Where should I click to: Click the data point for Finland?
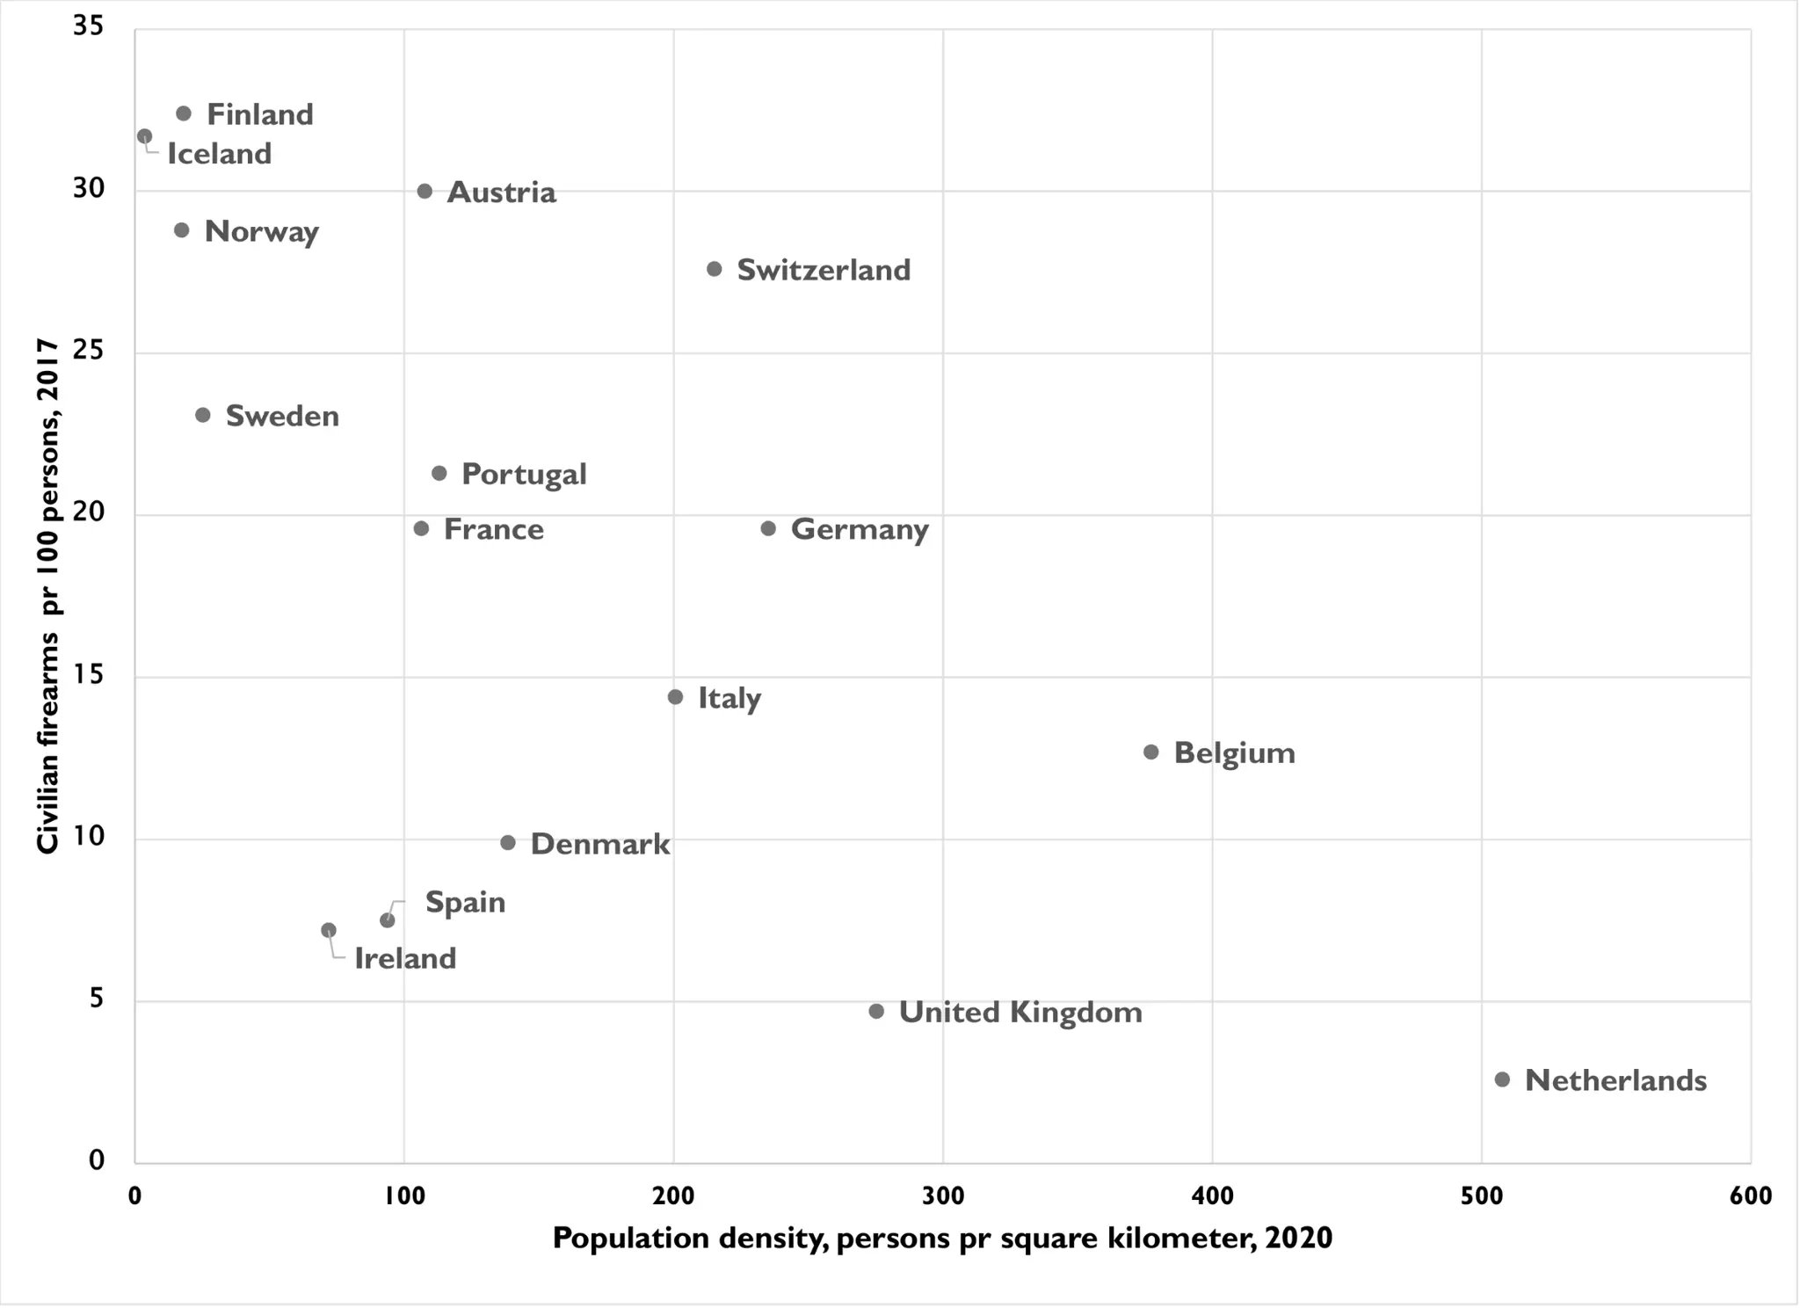184,113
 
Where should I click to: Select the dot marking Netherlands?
1502,1079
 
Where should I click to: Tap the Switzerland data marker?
715,269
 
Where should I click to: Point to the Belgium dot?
1151,752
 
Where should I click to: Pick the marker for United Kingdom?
876,1012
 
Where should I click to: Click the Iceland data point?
145,136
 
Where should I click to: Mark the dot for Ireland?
329,930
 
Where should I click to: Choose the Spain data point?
388,920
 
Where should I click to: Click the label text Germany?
860,529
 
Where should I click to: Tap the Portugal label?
524,475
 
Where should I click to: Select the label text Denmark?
600,844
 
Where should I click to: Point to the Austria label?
502,193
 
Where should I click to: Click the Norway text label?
261,232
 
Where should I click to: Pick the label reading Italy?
729,698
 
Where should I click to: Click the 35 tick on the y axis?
89,26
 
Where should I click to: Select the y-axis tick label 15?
89,675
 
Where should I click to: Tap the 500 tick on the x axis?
1482,1195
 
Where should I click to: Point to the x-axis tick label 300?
943,1195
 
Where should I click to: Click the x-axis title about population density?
942,1239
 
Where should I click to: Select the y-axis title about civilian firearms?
48,596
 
